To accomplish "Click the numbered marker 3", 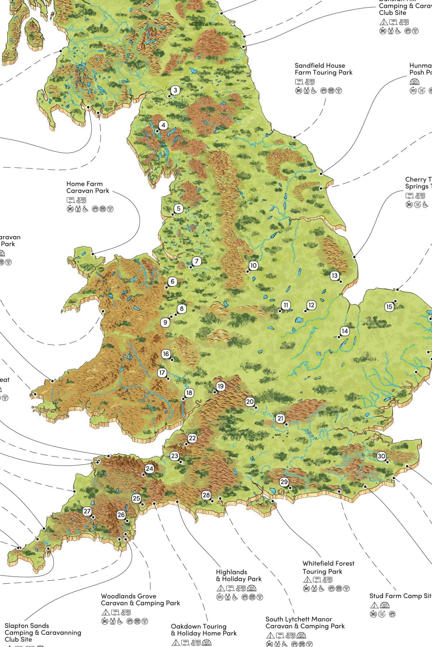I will point(175,90).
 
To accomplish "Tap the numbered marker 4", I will point(163,125).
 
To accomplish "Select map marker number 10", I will point(253,266).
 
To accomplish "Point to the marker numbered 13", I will point(335,276).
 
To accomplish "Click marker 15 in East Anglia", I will point(389,307).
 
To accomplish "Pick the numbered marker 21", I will point(281,418).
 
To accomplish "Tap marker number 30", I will point(382,456).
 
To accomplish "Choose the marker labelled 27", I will point(87,511).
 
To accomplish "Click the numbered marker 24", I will point(149,469).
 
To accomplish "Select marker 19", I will point(220,386).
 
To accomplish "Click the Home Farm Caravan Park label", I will point(87,187).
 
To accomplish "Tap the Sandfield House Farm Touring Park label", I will point(323,69).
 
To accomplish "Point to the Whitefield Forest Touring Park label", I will point(328,567).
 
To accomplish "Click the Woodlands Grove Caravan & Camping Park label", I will point(140,600).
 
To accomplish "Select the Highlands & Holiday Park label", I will point(238,575).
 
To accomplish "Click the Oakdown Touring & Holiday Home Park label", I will point(204,630).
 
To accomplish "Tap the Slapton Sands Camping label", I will point(43,632).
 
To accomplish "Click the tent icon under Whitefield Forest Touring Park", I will point(307,579).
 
